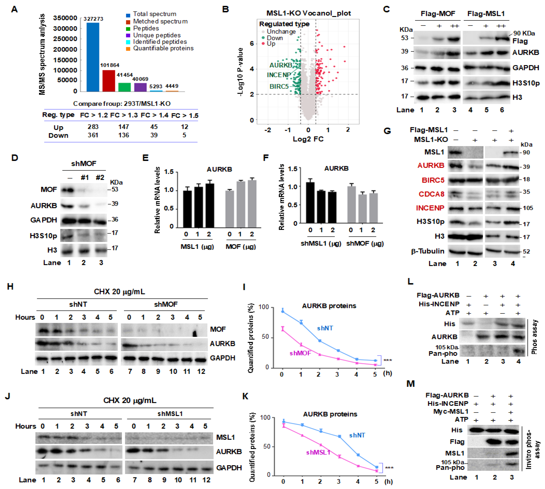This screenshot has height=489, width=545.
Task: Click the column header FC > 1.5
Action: point(185,116)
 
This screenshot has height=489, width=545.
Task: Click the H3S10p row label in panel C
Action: point(526,83)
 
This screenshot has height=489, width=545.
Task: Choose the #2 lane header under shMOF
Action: point(100,177)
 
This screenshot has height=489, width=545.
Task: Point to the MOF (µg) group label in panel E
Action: point(240,247)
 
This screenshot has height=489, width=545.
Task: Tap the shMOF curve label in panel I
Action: point(300,353)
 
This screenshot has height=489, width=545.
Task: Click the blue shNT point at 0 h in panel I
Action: point(282,311)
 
